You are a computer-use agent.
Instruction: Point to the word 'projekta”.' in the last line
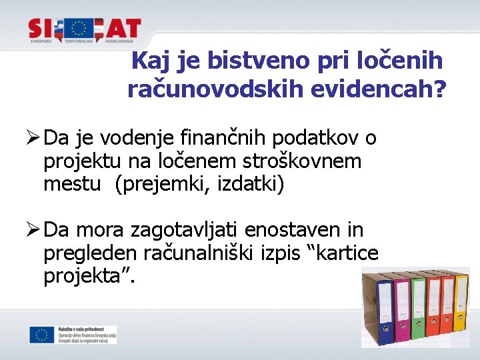pyautogui.click(x=89, y=275)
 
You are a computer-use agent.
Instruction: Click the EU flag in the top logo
pyautogui.click(x=80, y=28)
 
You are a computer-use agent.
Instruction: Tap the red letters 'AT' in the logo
pyautogui.click(x=123, y=28)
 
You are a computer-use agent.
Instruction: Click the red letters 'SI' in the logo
pyautogui.click(x=43, y=28)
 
